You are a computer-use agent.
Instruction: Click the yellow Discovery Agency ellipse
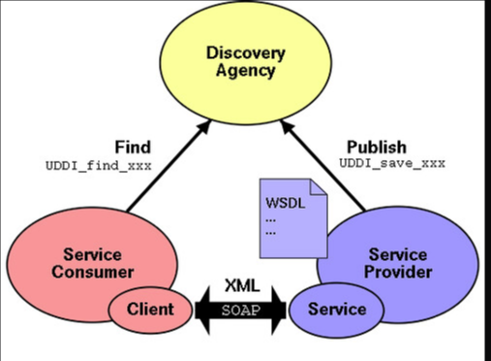[x=247, y=82]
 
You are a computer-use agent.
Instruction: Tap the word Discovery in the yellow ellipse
[x=247, y=51]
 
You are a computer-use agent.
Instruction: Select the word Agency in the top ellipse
[x=247, y=70]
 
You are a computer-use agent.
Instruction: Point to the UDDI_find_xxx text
[x=99, y=164]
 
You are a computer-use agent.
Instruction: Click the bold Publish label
[x=376, y=148]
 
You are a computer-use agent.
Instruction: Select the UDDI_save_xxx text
[x=392, y=164]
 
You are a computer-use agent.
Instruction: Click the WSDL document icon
[x=291, y=217]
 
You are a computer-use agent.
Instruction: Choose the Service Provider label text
[x=400, y=263]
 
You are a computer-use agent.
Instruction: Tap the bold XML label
[x=241, y=286]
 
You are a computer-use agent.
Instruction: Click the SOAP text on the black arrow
[x=241, y=310]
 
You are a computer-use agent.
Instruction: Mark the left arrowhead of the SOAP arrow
[x=200, y=310]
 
